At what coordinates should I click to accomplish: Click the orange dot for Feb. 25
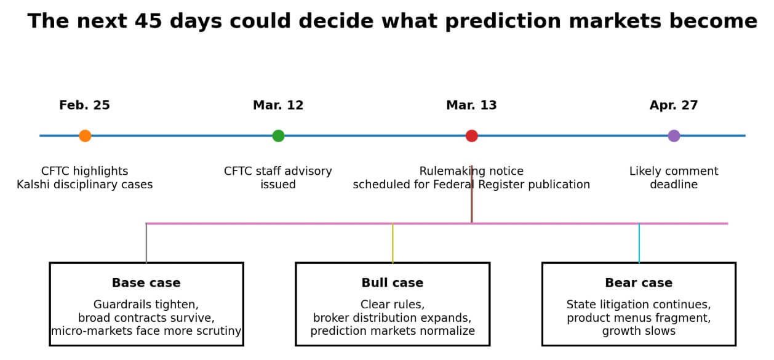pyautogui.click(x=85, y=136)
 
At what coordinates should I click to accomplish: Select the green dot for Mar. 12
pyautogui.click(x=278, y=136)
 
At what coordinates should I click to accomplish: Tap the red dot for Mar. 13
pyautogui.click(x=471, y=136)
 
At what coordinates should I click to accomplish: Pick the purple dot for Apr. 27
pyautogui.click(x=674, y=136)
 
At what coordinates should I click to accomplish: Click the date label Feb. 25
pyautogui.click(x=84, y=105)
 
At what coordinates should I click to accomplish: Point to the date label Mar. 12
pyautogui.click(x=278, y=105)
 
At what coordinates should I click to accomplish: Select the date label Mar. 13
pyautogui.click(x=471, y=105)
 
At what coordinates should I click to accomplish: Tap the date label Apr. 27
pyautogui.click(x=674, y=105)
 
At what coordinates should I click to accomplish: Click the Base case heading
pyautogui.click(x=146, y=283)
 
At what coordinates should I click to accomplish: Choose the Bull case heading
pyautogui.click(x=393, y=283)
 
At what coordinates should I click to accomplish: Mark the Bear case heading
pyautogui.click(x=639, y=283)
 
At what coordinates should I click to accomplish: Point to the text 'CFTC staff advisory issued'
pyautogui.click(x=278, y=178)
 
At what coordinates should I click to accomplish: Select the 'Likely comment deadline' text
pyautogui.click(x=674, y=178)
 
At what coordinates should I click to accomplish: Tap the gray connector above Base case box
pyautogui.click(x=146, y=243)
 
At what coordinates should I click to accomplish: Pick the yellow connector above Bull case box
pyautogui.click(x=393, y=243)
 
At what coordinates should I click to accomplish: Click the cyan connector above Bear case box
pyautogui.click(x=639, y=243)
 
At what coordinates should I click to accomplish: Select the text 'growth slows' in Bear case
pyautogui.click(x=639, y=331)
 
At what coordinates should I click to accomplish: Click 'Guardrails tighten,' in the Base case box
pyautogui.click(x=146, y=305)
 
